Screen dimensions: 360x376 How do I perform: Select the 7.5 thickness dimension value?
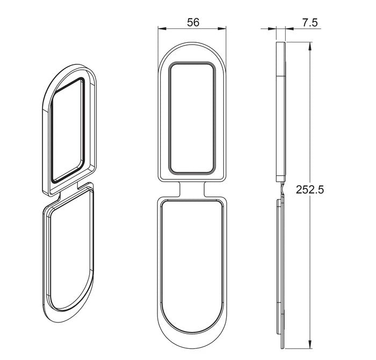(x=310, y=22)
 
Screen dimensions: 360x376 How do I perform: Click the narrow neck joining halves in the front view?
(x=192, y=189)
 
